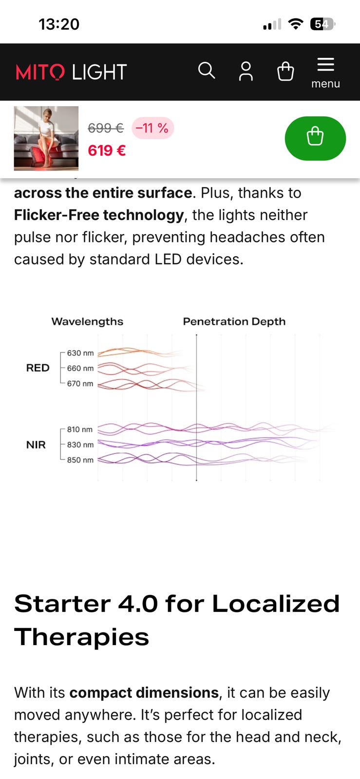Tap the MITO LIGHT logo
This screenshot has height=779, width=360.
tap(71, 72)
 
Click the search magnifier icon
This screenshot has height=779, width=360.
tap(207, 71)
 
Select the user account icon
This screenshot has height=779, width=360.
tap(246, 71)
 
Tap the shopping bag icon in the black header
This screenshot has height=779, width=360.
tap(285, 71)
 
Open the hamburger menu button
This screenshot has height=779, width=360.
tap(325, 73)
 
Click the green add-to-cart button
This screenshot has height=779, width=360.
tap(315, 138)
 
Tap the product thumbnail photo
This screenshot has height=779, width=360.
tap(46, 138)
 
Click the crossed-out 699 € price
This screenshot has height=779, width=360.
tap(106, 128)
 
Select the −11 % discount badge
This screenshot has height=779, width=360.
tap(152, 128)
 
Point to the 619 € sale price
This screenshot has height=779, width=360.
tap(107, 150)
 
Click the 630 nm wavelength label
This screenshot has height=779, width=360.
tap(80, 353)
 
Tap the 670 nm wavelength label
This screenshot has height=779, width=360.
tap(80, 384)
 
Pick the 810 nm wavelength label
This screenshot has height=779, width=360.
tap(80, 429)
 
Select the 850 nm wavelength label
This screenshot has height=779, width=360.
tap(80, 460)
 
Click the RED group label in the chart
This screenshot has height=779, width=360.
tap(38, 368)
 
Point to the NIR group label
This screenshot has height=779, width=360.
tap(36, 445)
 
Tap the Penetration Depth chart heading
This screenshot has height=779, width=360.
tap(234, 321)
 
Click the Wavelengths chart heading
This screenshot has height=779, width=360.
tap(87, 321)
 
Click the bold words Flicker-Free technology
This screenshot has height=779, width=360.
tap(99, 215)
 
